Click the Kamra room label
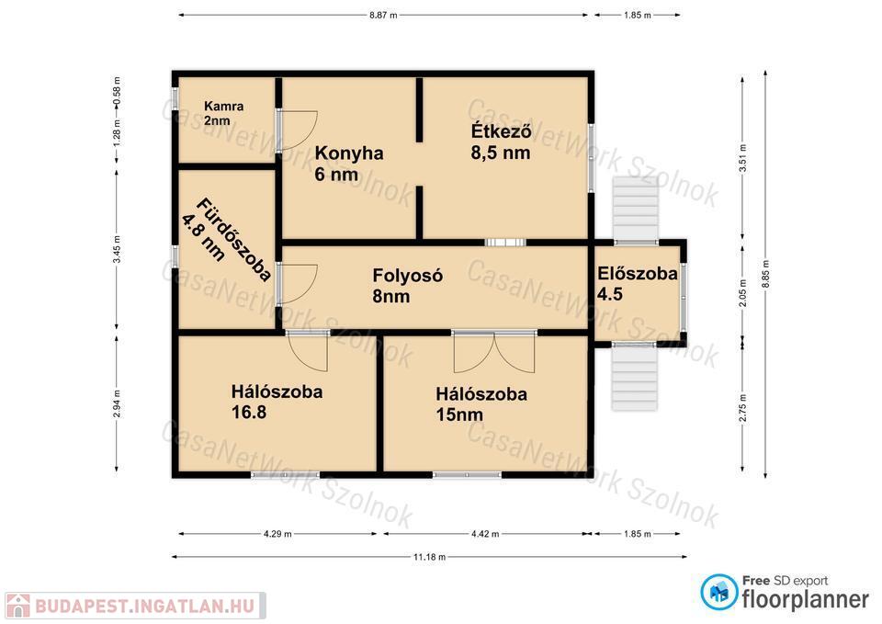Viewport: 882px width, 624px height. pyautogui.click(x=224, y=113)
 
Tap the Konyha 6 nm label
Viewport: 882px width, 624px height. pyautogui.click(x=349, y=164)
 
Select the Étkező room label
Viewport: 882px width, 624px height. pyautogui.click(x=501, y=142)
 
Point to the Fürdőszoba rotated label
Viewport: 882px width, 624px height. pyautogui.click(x=226, y=239)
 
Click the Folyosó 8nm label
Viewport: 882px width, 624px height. pyautogui.click(x=407, y=285)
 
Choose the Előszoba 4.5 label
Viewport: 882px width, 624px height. pyautogui.click(x=638, y=284)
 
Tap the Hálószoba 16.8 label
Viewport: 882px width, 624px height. pyautogui.click(x=277, y=402)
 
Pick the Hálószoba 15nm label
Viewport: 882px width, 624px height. pyautogui.click(x=481, y=404)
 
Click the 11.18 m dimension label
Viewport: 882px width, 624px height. pyautogui.click(x=430, y=557)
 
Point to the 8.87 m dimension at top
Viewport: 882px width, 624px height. pyautogui.click(x=383, y=16)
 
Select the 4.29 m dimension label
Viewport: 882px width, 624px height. pyautogui.click(x=277, y=533)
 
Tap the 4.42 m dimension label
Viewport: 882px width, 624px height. pyautogui.click(x=485, y=533)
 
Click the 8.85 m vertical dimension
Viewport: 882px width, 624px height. pyautogui.click(x=765, y=274)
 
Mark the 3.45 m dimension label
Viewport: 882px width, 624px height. pyautogui.click(x=117, y=249)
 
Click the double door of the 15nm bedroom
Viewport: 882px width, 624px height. pyautogui.click(x=494, y=352)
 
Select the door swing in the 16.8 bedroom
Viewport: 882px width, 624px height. pyautogui.click(x=308, y=351)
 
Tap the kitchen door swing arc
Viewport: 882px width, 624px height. pyautogui.click(x=299, y=130)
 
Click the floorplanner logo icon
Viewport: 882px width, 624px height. pyautogui.click(x=719, y=592)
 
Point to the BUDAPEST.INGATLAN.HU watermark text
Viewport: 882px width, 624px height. pyautogui.click(x=145, y=607)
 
